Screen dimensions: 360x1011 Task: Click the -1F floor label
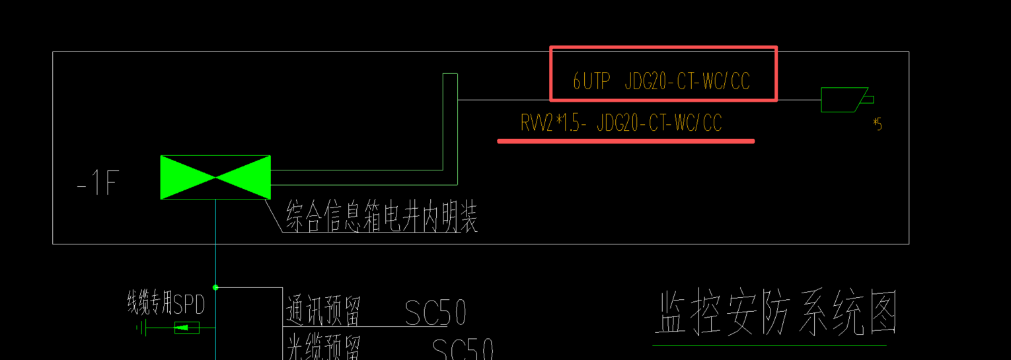(97, 183)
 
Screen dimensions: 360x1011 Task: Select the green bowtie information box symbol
(215, 177)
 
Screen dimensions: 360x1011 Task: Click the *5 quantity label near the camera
(877, 124)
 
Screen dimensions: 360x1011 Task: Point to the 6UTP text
(591, 81)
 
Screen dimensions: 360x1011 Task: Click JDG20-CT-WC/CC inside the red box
(687, 81)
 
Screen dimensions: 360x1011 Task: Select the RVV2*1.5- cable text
(554, 124)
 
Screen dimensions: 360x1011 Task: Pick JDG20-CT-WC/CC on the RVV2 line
(659, 124)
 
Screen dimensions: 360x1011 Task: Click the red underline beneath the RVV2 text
(625, 141)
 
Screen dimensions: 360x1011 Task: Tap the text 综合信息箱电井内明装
(381, 217)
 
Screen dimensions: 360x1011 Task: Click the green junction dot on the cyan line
(215, 287)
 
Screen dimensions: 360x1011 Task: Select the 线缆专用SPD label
(166, 305)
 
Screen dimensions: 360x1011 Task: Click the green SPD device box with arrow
(186, 327)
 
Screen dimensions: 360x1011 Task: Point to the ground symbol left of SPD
(142, 327)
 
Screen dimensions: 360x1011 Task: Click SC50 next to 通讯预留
(435, 313)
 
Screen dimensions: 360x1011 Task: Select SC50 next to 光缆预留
(463, 349)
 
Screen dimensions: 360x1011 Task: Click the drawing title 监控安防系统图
(775, 315)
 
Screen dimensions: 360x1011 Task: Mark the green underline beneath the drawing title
(769, 345)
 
